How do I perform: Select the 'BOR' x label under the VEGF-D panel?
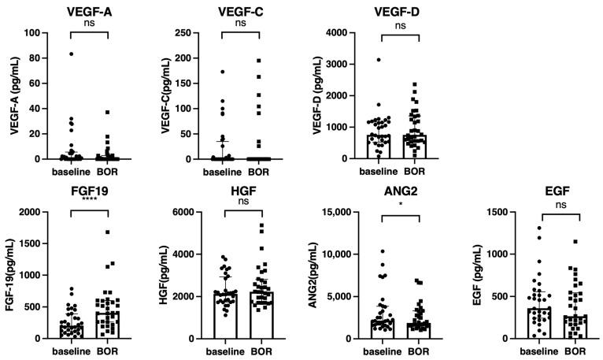tap(416, 170)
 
